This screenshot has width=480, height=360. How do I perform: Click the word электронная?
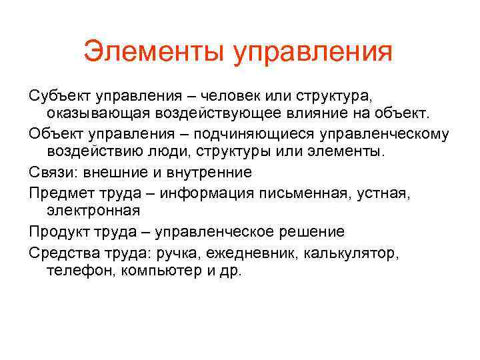click(x=93, y=211)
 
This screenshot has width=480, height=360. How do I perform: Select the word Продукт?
click(x=57, y=232)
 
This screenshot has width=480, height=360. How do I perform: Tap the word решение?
click(x=308, y=232)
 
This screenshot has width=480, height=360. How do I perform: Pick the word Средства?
click(x=59, y=253)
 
